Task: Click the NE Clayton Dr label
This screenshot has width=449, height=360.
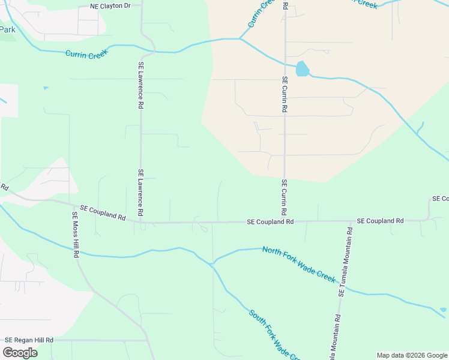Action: point(110,5)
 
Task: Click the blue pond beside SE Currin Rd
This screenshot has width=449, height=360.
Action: point(302,69)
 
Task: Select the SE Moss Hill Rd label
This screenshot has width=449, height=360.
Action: point(76,235)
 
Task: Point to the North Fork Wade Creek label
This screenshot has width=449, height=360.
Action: point(298,265)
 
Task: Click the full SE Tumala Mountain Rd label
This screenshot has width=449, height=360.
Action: point(346,262)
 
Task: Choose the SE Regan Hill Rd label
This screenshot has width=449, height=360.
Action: point(29,340)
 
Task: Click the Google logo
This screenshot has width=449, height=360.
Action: point(19,353)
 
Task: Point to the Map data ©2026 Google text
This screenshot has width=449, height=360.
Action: point(411,355)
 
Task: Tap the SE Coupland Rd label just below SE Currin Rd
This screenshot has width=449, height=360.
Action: point(270,221)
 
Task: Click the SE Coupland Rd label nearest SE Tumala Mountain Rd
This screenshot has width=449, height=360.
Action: point(380,221)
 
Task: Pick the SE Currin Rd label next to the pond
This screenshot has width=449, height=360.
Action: point(285,95)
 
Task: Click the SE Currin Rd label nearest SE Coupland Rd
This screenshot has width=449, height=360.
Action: point(284,197)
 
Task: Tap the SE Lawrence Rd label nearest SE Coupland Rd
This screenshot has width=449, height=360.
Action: point(140,192)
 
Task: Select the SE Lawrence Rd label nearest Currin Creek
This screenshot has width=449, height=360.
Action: point(140,85)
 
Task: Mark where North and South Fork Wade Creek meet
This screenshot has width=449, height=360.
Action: point(211,264)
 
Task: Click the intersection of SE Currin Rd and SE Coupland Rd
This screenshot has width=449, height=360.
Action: point(285,221)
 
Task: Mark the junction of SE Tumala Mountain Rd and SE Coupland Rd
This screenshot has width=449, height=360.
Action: point(349,221)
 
